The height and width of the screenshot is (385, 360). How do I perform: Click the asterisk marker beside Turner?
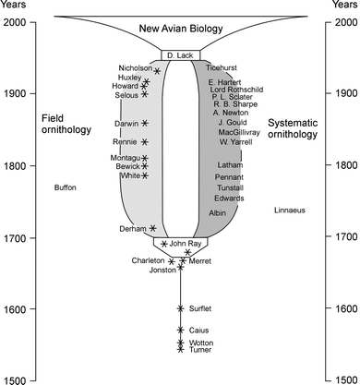[x=181, y=350]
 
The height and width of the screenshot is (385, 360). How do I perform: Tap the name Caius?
[x=198, y=330]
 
